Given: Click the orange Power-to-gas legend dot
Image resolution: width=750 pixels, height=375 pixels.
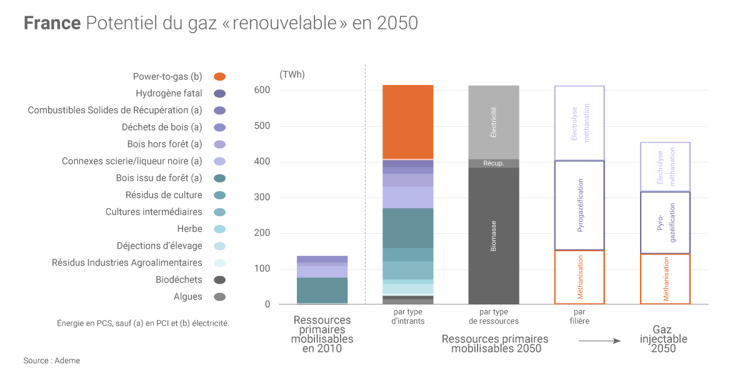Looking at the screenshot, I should point(219,77).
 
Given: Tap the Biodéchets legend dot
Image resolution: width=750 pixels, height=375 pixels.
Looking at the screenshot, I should point(219,280).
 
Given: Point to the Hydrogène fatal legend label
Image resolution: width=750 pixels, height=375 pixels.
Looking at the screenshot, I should point(169,94).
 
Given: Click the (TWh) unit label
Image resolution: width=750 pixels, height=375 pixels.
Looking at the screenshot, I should point(292,75).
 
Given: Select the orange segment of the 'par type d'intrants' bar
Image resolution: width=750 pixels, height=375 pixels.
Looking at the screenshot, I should point(407,122).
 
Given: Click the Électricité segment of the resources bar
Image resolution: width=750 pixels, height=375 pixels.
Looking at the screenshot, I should point(494,122).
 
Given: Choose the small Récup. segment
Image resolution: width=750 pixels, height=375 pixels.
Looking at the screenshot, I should point(494,164).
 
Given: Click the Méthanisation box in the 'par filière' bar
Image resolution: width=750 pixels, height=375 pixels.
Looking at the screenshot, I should point(579,277).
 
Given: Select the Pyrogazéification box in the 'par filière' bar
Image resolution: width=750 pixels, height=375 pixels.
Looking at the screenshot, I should point(579,205).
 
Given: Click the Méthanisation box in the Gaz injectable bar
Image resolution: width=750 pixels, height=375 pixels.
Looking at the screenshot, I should point(665,279).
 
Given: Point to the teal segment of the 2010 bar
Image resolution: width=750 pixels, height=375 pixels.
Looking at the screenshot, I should point(322,290).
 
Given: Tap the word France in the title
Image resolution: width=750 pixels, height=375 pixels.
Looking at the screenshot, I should point(52,23).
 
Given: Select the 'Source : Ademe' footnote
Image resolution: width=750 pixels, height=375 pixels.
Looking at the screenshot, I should point(52,361).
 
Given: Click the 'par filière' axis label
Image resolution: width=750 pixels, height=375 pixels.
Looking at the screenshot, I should point(579,316).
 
